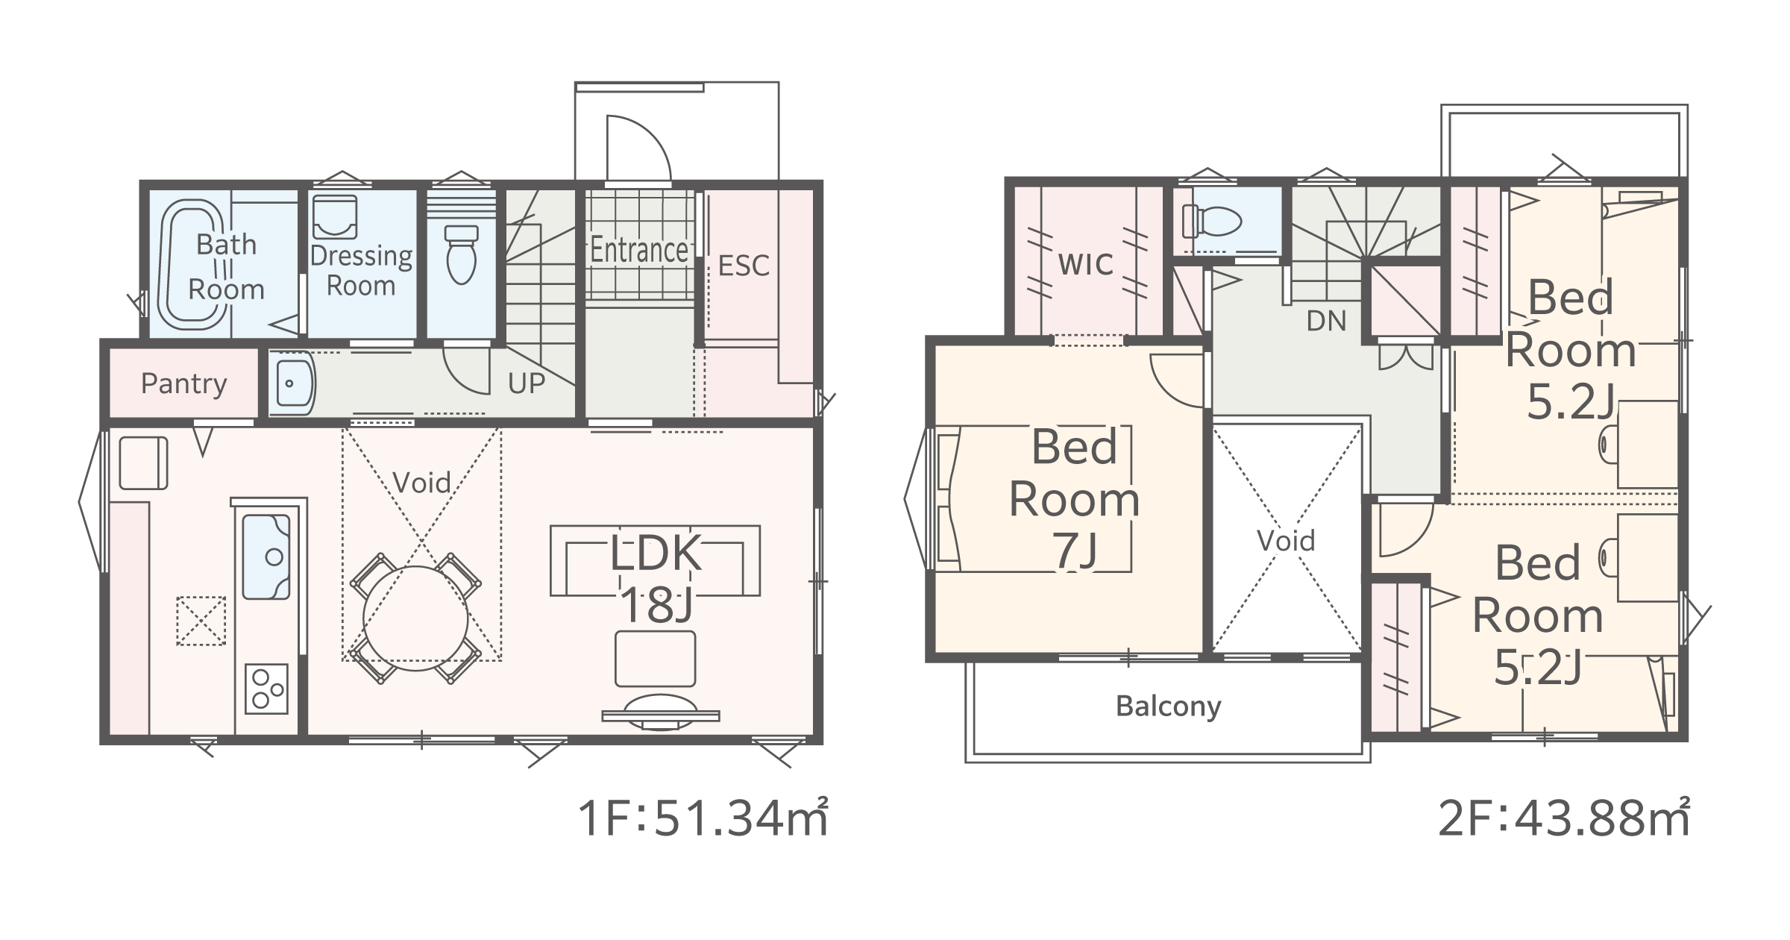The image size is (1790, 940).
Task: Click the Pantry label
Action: tap(183, 383)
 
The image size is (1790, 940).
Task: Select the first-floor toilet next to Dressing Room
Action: tap(461, 254)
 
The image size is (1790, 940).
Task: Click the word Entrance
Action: tap(639, 250)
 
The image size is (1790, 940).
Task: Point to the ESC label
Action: tap(744, 266)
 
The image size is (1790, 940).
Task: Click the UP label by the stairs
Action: tap(527, 383)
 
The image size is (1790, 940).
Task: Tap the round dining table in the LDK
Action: tap(415, 618)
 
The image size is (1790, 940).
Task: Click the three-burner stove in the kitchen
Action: tap(266, 689)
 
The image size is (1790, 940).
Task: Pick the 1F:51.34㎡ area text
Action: tap(703, 818)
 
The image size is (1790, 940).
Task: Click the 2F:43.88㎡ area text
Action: tap(1563, 818)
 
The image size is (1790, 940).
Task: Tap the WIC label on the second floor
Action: tap(1086, 264)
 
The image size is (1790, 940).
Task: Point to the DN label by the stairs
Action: tap(1327, 321)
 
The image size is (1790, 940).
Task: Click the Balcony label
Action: tap(1169, 706)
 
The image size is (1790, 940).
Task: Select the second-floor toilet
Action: tap(1212, 221)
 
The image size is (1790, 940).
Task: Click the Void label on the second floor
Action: tap(1286, 541)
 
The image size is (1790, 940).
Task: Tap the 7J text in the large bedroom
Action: tap(1075, 551)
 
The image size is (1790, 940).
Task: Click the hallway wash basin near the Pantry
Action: tap(293, 383)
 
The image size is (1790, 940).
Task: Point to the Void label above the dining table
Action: tap(421, 483)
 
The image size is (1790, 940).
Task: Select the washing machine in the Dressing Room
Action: tap(334, 217)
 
